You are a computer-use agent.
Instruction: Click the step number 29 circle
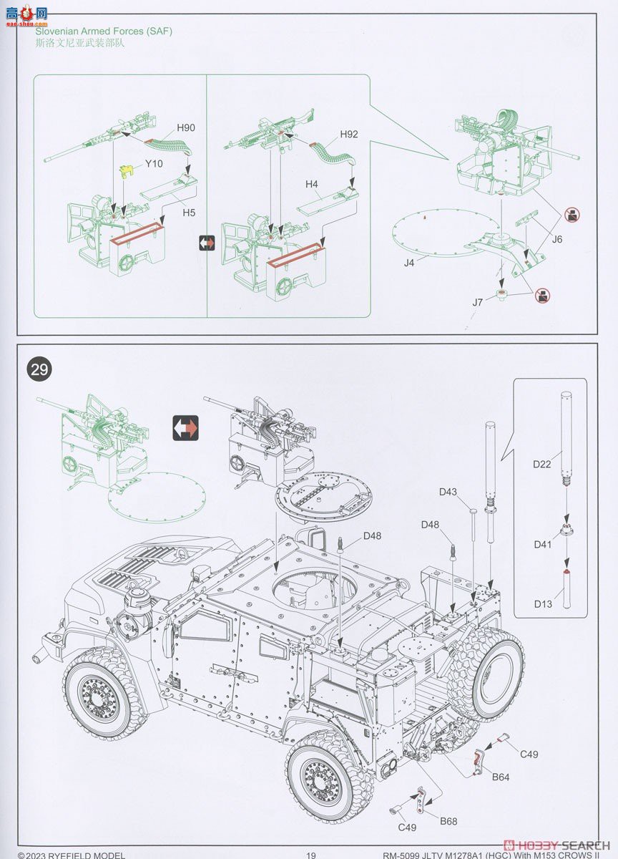click(x=39, y=369)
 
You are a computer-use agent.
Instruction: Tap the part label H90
click(x=186, y=127)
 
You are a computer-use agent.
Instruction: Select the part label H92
click(x=349, y=134)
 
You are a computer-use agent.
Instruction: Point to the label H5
click(x=189, y=212)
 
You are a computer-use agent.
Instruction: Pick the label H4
click(x=312, y=185)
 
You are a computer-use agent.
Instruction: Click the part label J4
click(x=409, y=263)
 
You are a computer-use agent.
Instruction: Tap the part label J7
click(x=478, y=302)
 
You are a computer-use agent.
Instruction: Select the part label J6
click(x=557, y=239)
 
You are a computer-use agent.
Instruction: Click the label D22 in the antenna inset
click(x=542, y=464)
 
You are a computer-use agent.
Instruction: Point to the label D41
click(x=542, y=545)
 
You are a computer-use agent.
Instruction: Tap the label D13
click(x=542, y=603)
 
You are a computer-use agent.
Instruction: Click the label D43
click(x=448, y=492)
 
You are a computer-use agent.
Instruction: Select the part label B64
click(x=500, y=777)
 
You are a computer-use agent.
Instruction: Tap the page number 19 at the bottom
click(x=310, y=855)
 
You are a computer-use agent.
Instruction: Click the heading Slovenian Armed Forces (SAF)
click(x=104, y=31)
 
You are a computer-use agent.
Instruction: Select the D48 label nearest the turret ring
click(x=372, y=535)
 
